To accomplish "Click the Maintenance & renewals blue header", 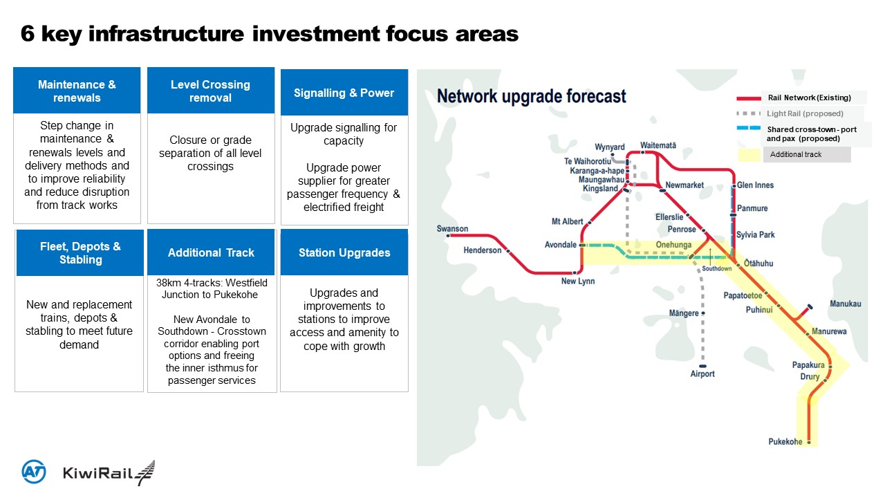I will click(77, 91).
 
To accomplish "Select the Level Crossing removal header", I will click(210, 91).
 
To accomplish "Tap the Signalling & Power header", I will click(344, 93).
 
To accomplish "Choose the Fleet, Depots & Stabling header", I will click(80, 252).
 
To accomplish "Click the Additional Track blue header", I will click(211, 252).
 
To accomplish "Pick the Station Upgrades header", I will click(344, 252).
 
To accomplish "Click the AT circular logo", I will click(34, 471).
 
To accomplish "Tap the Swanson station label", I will click(452, 229).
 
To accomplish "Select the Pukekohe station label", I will click(785, 442).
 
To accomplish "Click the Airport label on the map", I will click(702, 374).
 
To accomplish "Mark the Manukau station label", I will click(845, 304).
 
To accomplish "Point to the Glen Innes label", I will click(755, 185).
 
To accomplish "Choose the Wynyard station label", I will click(610, 147).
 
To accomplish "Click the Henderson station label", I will click(483, 250).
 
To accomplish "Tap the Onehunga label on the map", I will click(673, 245).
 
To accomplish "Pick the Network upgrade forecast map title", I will click(531, 96).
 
